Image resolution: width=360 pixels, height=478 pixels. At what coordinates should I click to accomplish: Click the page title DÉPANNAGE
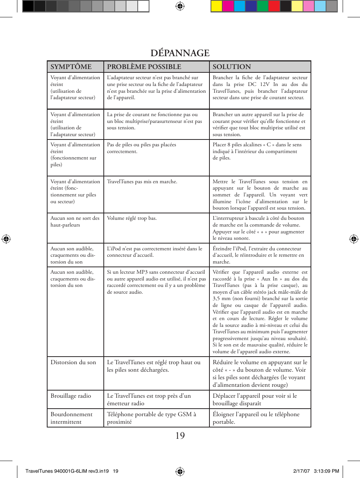180,53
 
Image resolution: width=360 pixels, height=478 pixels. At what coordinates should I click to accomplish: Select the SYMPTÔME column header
71,67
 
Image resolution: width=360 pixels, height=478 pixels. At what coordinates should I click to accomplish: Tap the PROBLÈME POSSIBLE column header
144,67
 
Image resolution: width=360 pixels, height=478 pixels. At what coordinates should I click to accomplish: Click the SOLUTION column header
231,67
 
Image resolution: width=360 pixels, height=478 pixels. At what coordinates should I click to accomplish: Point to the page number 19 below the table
180,436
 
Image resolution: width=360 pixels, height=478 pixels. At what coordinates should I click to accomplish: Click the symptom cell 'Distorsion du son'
73,362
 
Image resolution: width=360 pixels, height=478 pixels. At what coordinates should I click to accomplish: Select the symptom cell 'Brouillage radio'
71,396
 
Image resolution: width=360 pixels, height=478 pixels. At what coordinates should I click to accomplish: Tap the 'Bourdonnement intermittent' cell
71,418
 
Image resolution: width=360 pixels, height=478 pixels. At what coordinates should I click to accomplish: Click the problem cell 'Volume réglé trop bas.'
132,218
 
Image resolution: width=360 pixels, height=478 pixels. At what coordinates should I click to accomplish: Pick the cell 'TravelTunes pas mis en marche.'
142,182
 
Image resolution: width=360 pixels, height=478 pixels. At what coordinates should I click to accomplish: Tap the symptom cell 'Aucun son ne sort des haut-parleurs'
75,222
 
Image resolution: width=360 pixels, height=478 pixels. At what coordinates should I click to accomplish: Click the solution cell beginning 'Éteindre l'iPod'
258,255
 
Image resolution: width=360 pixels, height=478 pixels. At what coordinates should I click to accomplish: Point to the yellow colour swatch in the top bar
216,6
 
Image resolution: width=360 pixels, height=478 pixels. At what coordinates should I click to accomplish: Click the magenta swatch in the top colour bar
228,6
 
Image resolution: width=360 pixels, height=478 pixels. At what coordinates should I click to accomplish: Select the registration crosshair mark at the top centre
180,6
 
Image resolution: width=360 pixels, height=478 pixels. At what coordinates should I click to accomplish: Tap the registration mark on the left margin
6,239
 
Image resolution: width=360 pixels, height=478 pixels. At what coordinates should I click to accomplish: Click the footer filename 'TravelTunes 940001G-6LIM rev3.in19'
67,471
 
